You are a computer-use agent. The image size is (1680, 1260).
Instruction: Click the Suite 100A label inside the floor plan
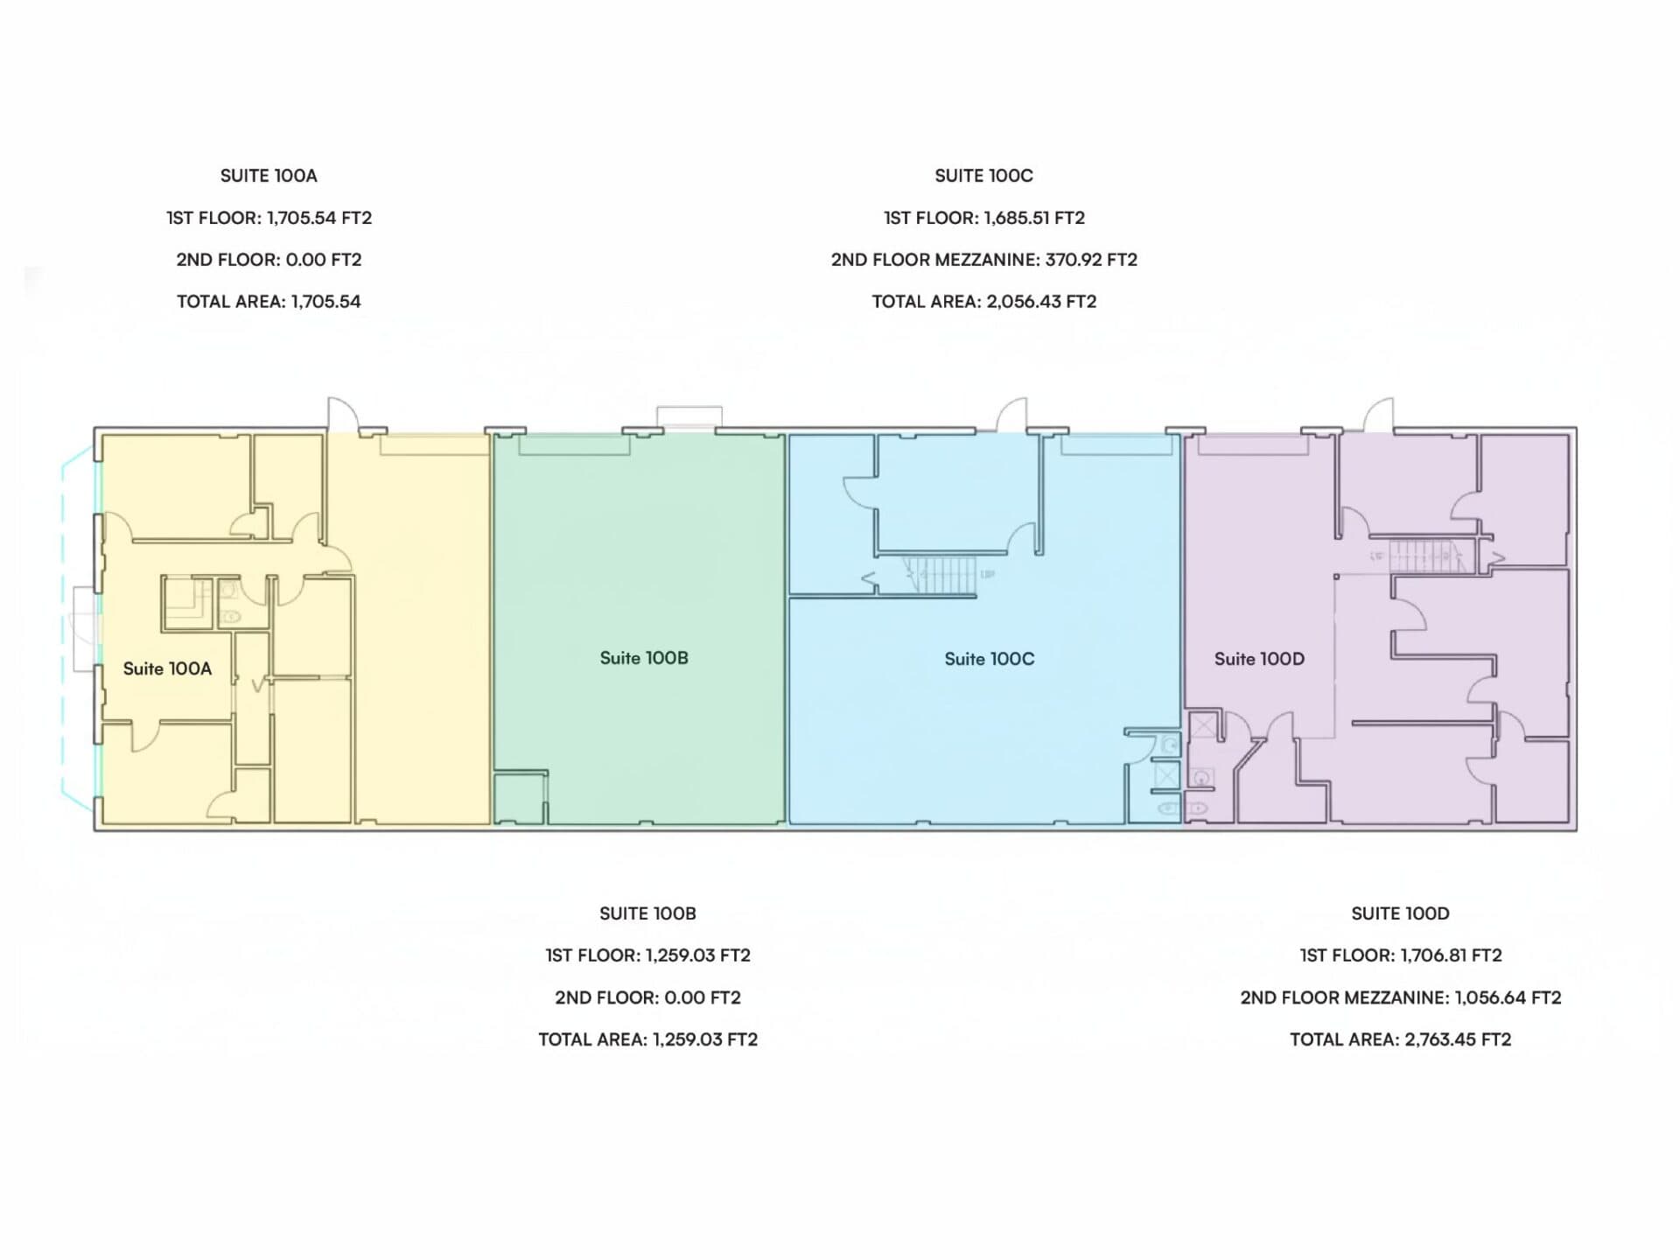coord(167,668)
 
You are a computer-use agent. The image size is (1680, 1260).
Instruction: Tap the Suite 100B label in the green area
coord(644,658)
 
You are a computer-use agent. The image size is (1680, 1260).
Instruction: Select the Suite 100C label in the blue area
coord(990,659)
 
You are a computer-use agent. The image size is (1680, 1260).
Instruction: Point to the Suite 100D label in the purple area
coord(1259,659)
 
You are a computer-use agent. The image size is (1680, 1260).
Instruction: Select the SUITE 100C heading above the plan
coord(983,176)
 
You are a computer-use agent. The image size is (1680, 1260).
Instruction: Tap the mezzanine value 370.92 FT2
coord(1091,260)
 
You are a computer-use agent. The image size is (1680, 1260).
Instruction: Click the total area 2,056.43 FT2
coord(1041,302)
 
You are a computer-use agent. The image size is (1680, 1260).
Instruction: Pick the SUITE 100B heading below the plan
coord(647,913)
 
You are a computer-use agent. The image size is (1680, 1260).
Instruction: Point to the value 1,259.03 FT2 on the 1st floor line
coord(698,955)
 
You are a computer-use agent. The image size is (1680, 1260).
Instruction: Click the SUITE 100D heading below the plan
coord(1400,913)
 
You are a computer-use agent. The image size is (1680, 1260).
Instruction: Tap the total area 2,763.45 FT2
coord(1458,1039)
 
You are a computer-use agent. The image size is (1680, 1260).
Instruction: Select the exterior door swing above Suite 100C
coord(1012,414)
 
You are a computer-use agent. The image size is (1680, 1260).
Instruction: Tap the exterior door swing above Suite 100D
coord(1378,414)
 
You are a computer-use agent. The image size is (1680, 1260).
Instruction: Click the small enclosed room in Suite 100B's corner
coord(520,797)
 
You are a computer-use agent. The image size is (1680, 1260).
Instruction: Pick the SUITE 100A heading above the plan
coord(269,176)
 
